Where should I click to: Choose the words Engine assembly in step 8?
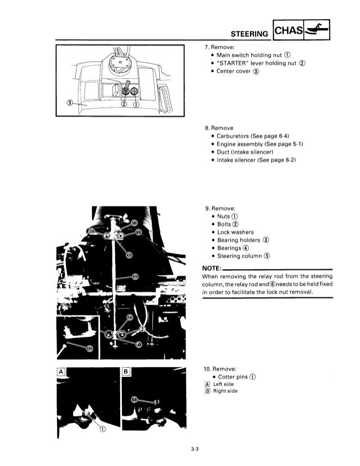(242, 144)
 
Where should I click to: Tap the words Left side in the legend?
(222, 385)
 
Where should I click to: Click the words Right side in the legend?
(224, 393)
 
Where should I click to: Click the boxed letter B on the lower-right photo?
(126, 371)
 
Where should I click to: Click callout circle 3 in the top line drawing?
(69, 103)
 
